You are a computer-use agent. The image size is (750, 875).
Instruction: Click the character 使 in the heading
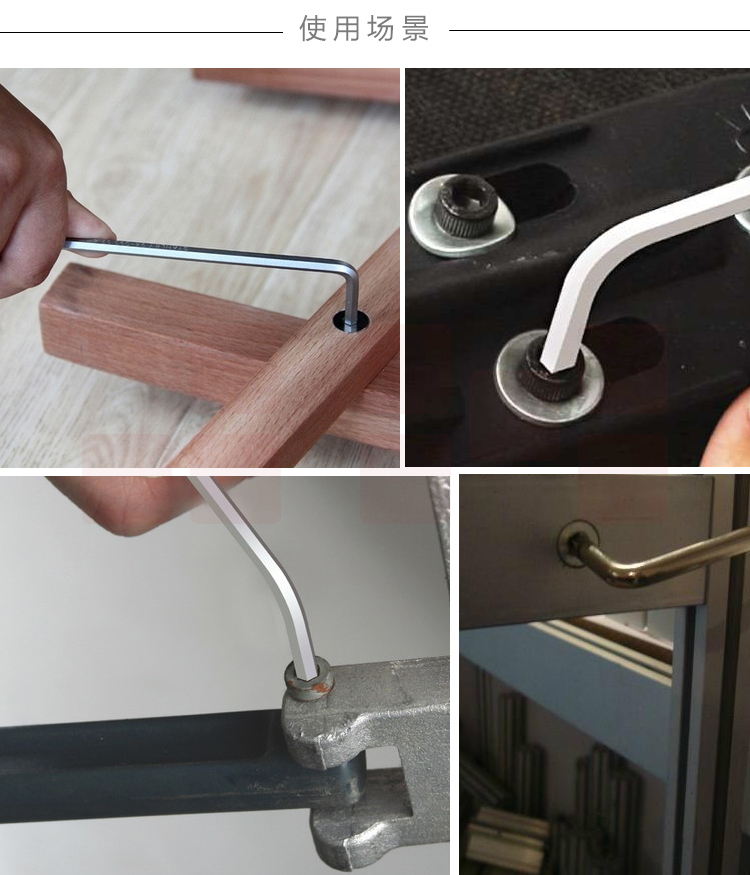tap(313, 28)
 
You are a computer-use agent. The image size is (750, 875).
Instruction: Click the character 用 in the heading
tap(347, 28)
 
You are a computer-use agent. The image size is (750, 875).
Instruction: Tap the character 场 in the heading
tap(381, 28)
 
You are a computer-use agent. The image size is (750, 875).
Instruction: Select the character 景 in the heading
tap(415, 28)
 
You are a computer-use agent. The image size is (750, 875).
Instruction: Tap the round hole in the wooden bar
tap(351, 321)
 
